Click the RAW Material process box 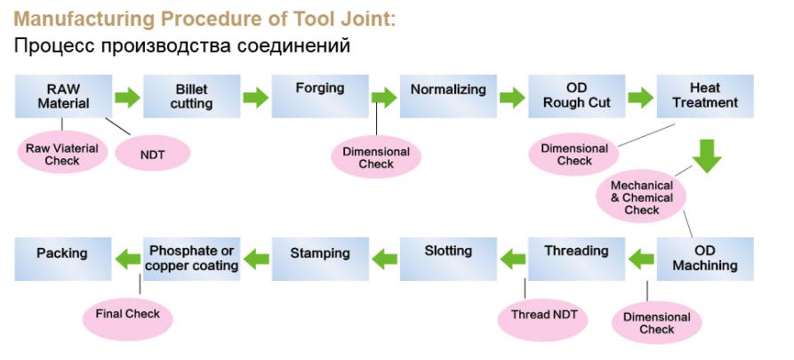[x=63, y=96]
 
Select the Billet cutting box [x=192, y=96]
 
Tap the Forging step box [x=320, y=96]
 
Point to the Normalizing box [x=448, y=96]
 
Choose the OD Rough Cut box [x=577, y=96]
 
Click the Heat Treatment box [x=705, y=96]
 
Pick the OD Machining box [x=705, y=259]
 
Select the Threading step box [x=577, y=259]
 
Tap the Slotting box [x=448, y=259]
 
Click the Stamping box [x=320, y=259]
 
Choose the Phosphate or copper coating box [x=192, y=259]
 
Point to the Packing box [x=63, y=259]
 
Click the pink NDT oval [x=153, y=154]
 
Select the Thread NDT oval [x=544, y=316]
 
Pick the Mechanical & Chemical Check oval [x=642, y=197]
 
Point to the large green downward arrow [x=707, y=156]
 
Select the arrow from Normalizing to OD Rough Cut [x=512, y=97]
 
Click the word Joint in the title [x=366, y=20]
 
